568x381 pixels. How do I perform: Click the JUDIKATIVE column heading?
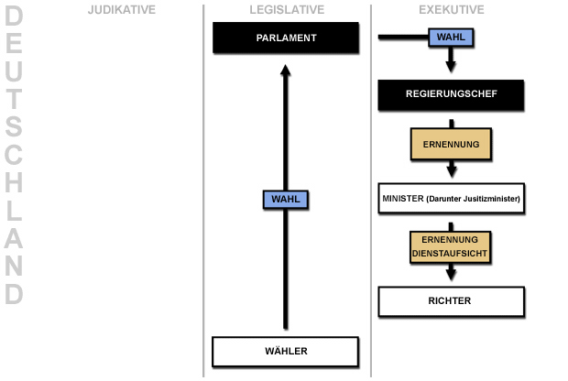(x=121, y=10)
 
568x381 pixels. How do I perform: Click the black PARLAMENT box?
(x=286, y=38)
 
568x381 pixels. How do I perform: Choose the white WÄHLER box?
(x=285, y=351)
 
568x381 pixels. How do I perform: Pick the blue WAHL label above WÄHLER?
(x=286, y=199)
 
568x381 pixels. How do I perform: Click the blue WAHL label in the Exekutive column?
(x=450, y=38)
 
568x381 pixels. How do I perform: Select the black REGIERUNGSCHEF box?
(x=451, y=93)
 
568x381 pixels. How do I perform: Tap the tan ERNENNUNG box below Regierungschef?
(x=451, y=145)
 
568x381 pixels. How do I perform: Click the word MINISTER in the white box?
(x=402, y=198)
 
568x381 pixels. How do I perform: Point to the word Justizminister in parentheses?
(x=489, y=198)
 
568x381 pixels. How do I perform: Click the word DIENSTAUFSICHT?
(x=451, y=251)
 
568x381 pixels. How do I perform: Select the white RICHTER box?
(x=451, y=300)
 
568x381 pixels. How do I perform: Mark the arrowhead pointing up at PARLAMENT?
(x=286, y=71)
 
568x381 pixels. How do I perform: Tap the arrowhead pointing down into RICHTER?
(x=451, y=274)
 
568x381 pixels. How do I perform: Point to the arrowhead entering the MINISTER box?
(x=451, y=170)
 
